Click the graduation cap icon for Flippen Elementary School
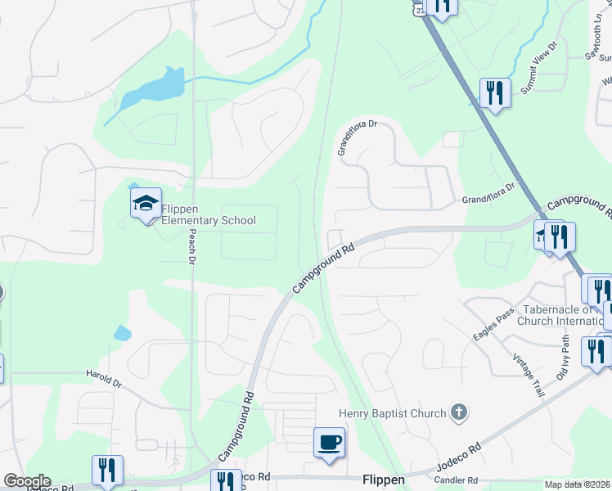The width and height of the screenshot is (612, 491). (x=146, y=204)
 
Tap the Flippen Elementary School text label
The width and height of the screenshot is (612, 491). (x=208, y=214)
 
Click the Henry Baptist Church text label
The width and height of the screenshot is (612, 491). (x=393, y=414)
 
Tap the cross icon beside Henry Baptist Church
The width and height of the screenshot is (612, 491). (x=459, y=413)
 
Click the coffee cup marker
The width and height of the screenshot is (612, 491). (x=329, y=443)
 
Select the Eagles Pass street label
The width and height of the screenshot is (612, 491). (x=493, y=326)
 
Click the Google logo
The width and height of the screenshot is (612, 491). (x=27, y=481)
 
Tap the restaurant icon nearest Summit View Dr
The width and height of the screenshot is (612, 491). (x=494, y=92)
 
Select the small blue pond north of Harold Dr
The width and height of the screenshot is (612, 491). (x=122, y=332)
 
